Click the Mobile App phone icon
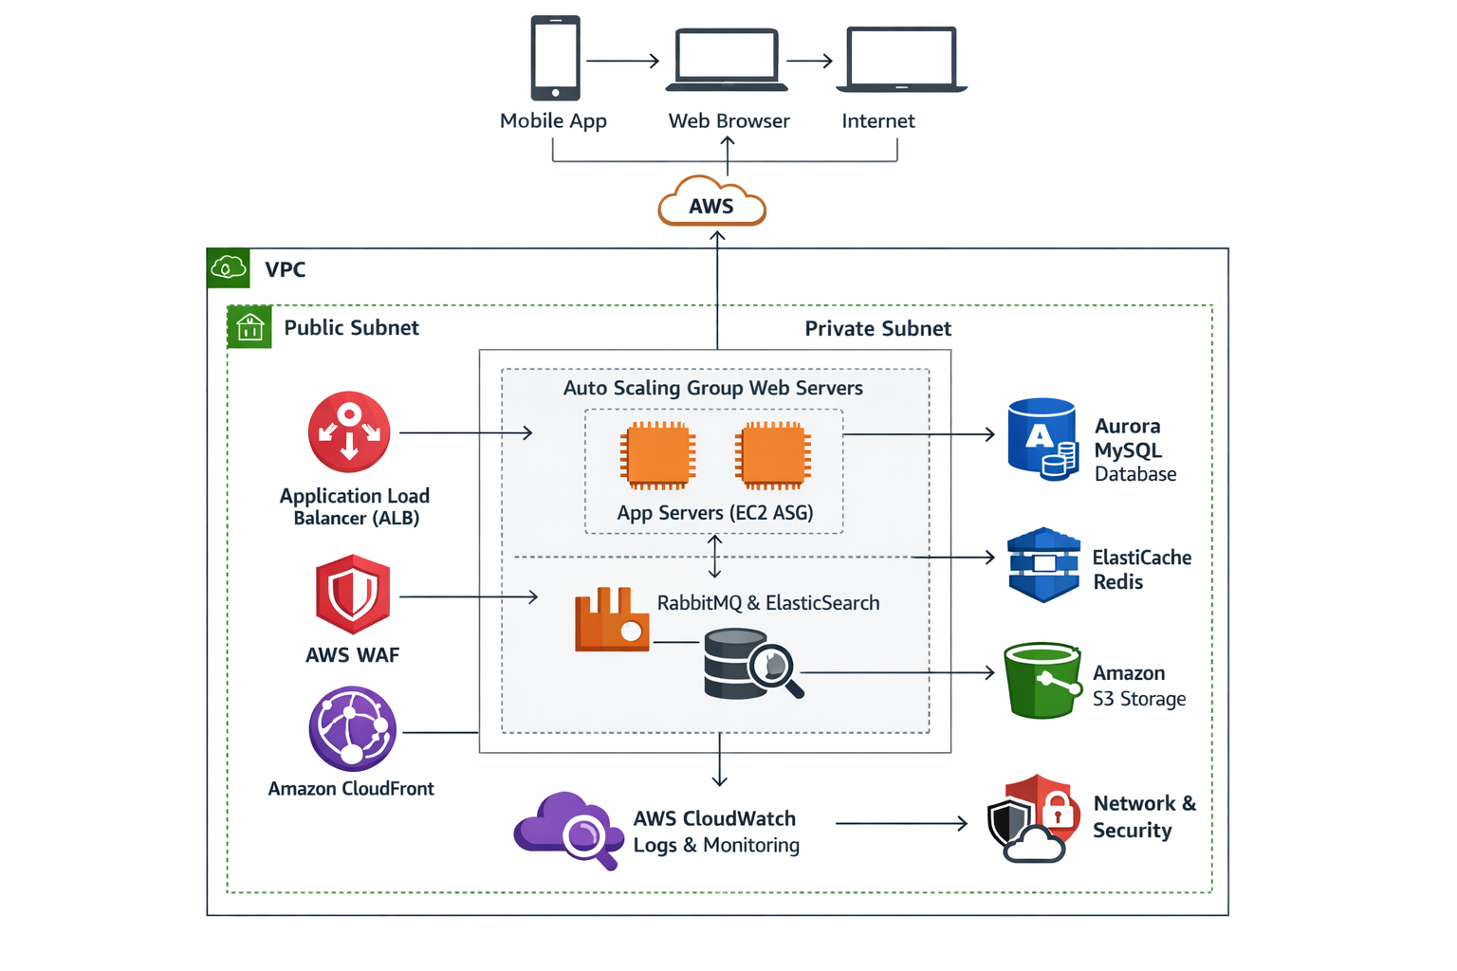click(x=555, y=58)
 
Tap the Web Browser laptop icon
click(x=727, y=60)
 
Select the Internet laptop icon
click(x=900, y=60)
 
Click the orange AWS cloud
click(x=711, y=203)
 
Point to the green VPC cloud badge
click(x=229, y=268)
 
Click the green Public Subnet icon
click(x=249, y=327)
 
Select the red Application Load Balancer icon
click(x=349, y=432)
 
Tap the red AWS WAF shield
click(x=353, y=595)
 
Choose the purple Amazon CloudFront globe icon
click(x=352, y=728)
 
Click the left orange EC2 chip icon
click(x=657, y=455)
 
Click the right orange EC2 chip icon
click(x=773, y=455)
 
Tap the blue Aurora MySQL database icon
click(x=1042, y=440)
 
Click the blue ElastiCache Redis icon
click(x=1043, y=565)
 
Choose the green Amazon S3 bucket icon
click(x=1042, y=680)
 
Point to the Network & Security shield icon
click(x=1033, y=818)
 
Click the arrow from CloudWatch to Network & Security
click(x=901, y=823)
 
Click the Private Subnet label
click(x=877, y=329)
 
